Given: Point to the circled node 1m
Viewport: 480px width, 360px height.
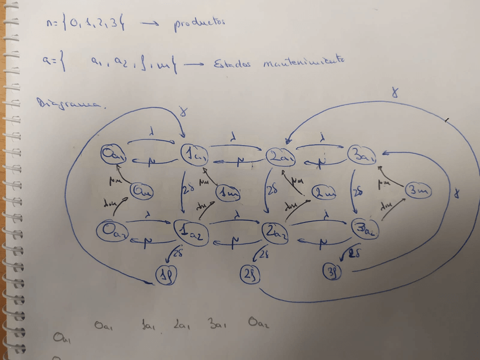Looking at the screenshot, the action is (x=228, y=192).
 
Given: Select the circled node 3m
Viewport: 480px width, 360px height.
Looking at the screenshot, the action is (x=418, y=191).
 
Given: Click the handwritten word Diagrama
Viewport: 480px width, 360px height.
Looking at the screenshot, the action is (x=69, y=103).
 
